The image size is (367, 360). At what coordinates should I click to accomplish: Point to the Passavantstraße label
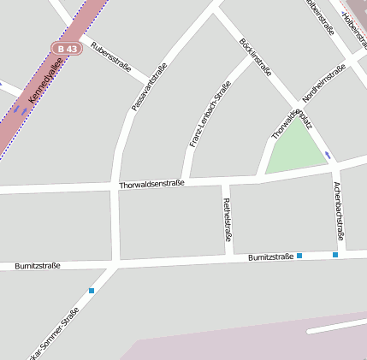pyautogui.click(x=150, y=86)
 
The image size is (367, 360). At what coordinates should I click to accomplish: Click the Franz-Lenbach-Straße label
pyautogui.click(x=210, y=114)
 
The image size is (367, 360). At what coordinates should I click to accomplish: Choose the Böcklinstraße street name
pyautogui.click(x=256, y=56)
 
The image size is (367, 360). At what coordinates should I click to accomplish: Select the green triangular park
pyautogui.click(x=292, y=150)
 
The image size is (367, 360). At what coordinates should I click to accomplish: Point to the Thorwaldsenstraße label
pyautogui.click(x=151, y=184)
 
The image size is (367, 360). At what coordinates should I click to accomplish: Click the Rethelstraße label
pyautogui.click(x=228, y=220)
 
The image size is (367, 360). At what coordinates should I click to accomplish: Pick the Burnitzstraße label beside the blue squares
pyautogui.click(x=270, y=257)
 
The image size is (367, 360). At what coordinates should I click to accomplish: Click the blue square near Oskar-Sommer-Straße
pyautogui.click(x=92, y=291)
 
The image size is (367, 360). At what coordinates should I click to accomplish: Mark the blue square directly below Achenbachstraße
pyautogui.click(x=335, y=255)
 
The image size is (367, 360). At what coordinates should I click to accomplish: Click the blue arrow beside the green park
pyautogui.click(x=328, y=156)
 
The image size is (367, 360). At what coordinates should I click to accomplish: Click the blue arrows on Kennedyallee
pyautogui.click(x=19, y=109)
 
